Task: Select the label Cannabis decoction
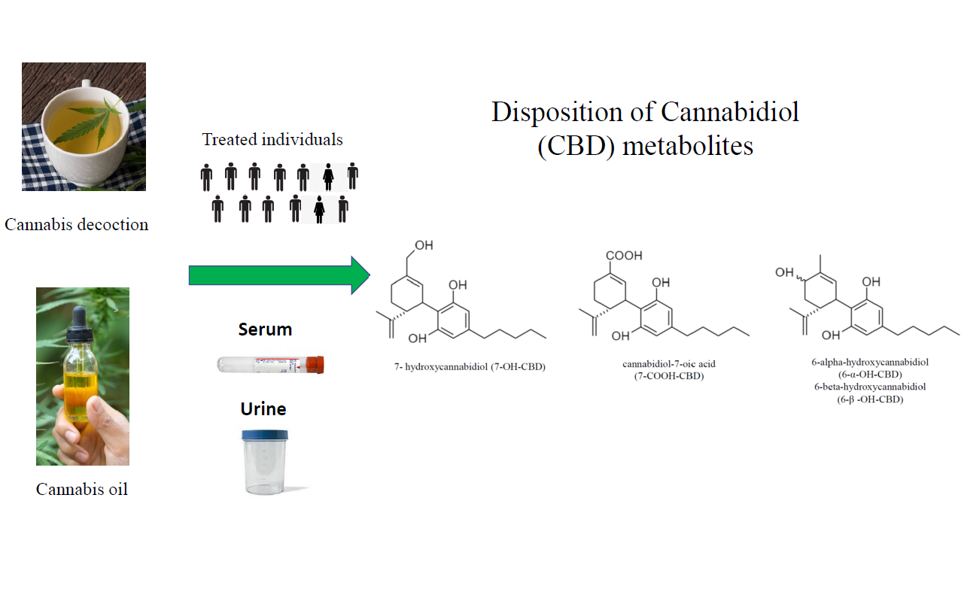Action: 77,224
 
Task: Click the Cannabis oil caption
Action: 82,489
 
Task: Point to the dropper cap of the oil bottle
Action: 80,323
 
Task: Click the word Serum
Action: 265,329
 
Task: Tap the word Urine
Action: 263,409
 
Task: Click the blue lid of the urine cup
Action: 264,435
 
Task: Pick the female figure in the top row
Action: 327,178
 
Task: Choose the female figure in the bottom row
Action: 320,209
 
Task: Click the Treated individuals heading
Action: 272,140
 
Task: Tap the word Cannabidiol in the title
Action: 730,112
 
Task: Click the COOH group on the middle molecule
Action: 625,256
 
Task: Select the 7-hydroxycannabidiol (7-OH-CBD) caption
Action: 470,367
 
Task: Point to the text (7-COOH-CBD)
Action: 669,376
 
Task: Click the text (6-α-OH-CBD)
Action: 869,374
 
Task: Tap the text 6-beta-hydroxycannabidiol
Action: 869,387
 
